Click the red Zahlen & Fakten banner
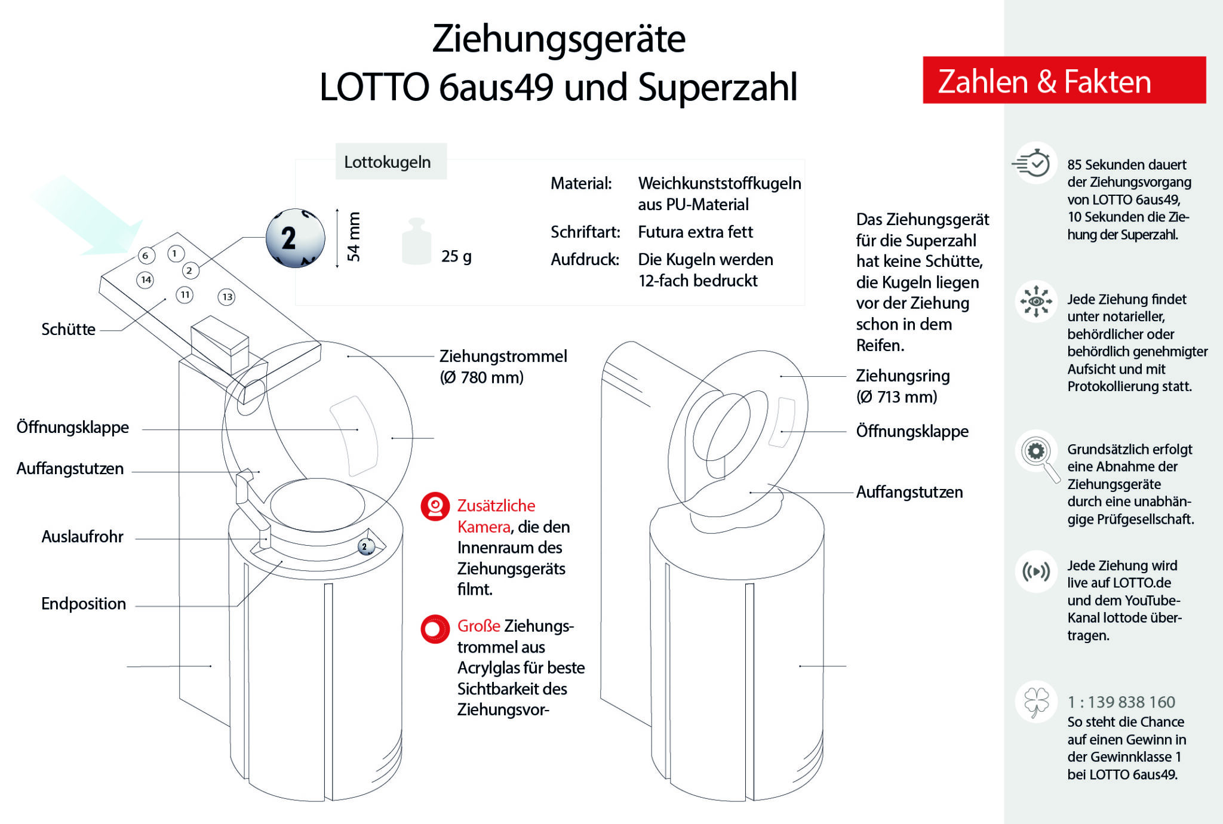[1064, 81]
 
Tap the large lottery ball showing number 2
[295, 238]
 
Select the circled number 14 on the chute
[146, 279]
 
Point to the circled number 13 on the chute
[227, 297]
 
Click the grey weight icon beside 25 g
[417, 242]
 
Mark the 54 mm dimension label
[354, 237]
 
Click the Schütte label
[68, 329]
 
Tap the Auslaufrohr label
[82, 536]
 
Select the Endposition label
[84, 603]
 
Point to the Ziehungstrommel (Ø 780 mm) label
[503, 366]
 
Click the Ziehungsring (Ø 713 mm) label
[902, 386]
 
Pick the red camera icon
[435, 506]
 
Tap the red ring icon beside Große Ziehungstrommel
[435, 629]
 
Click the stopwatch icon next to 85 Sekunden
[1035, 163]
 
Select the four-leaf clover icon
[1036, 701]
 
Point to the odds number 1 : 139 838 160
[1121, 702]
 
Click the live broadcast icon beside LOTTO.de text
[1036, 571]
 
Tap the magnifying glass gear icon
[1037, 452]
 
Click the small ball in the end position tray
[366, 546]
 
